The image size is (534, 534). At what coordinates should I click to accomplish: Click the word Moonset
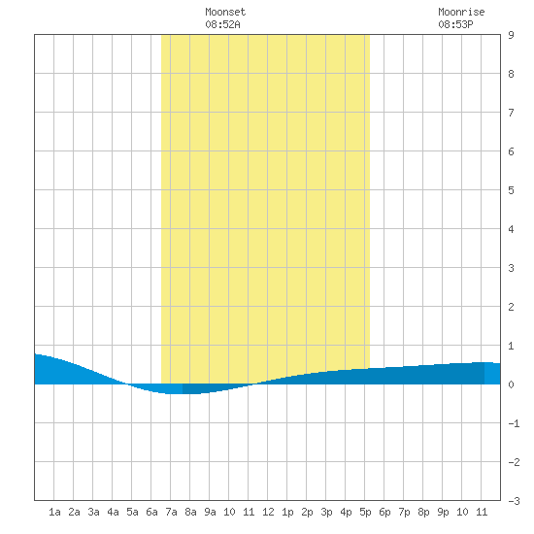point(225,12)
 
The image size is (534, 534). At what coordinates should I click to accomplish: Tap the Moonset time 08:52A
point(222,24)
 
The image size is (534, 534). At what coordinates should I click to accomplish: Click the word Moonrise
point(461,12)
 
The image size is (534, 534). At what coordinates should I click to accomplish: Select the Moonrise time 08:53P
point(455,24)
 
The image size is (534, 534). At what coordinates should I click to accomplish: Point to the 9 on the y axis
point(511,35)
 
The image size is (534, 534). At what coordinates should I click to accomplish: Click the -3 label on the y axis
point(514,501)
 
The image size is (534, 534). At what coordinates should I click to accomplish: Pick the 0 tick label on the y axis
point(511,384)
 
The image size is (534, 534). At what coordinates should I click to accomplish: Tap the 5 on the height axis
point(511,190)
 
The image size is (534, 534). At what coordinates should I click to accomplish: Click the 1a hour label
point(54,512)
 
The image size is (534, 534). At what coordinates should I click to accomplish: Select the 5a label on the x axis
point(132,512)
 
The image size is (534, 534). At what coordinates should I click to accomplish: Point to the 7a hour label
point(171,512)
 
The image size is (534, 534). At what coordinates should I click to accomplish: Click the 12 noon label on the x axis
point(268,512)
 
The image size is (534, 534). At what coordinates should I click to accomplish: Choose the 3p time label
point(326,512)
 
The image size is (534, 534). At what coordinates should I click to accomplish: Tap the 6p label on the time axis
point(384,512)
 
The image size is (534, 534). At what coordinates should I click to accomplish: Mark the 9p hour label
point(443,512)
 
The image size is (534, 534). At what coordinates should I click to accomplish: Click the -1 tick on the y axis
point(514,423)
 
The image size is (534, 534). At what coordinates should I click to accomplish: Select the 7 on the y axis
point(511,113)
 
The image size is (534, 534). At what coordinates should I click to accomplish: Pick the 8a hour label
point(190,512)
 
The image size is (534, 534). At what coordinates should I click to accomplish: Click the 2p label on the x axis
point(307,512)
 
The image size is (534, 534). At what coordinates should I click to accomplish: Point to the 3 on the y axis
point(511,268)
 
